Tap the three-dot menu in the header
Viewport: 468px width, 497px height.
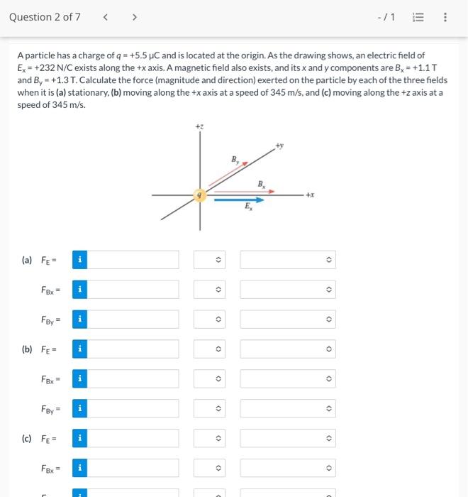coord(445,17)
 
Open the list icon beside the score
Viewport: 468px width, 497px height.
coord(420,17)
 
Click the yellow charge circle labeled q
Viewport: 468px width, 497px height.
coord(201,194)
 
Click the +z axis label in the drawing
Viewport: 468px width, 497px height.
coord(199,126)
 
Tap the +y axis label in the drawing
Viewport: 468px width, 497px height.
coord(280,146)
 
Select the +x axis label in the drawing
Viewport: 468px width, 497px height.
coord(309,194)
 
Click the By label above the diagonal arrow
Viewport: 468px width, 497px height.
coord(235,158)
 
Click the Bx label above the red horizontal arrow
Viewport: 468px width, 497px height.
coord(261,184)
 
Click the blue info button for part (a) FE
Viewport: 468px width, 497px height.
coord(79,260)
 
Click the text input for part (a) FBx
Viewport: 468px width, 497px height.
coord(134,290)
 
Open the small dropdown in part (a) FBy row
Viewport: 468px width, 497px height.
coord(218,319)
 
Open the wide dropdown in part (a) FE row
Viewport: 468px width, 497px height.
coord(287,260)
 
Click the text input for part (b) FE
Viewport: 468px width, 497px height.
coord(134,349)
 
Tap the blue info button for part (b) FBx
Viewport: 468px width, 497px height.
coord(79,379)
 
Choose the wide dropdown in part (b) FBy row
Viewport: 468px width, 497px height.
coord(287,409)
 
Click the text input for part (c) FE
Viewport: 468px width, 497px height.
coord(134,439)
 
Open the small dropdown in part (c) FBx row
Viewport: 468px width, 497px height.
coord(218,469)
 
